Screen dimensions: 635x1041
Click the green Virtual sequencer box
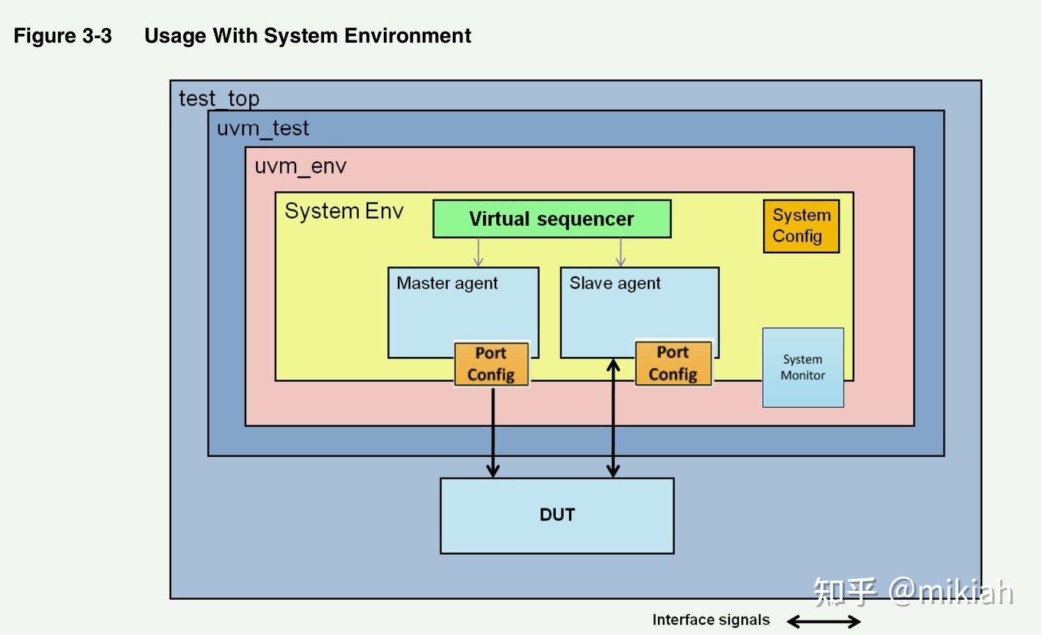point(551,219)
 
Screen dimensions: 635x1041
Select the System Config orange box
point(801,226)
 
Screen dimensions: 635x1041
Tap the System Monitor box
point(803,367)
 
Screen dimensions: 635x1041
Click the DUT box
point(557,515)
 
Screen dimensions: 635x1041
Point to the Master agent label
point(447,283)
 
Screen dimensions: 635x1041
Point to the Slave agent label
point(615,283)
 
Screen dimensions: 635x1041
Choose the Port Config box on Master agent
point(491,363)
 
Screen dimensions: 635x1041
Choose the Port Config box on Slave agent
point(673,363)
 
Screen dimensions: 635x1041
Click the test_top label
point(219,98)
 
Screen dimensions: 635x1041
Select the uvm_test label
point(262,128)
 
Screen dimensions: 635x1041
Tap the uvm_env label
point(300,166)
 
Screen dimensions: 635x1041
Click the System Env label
point(344,211)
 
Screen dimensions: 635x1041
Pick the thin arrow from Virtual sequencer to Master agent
point(479,252)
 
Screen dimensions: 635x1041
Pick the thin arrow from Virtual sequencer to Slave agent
point(620,252)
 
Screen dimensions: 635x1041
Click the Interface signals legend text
point(711,620)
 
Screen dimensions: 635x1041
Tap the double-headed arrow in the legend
point(823,622)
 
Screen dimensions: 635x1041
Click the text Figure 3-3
point(62,36)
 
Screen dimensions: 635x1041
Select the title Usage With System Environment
point(307,36)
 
